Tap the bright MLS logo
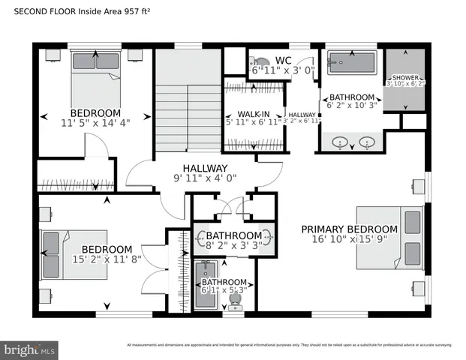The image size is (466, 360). tap(29, 349)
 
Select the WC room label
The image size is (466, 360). tap(283, 60)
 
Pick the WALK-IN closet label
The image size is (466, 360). tap(254, 114)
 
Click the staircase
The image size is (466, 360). tap(188, 112)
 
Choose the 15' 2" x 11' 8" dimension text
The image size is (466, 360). tap(107, 260)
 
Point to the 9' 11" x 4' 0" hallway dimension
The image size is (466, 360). tap(205, 179)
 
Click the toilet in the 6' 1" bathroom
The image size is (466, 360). tap(235, 300)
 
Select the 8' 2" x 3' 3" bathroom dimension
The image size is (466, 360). tap(233, 244)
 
